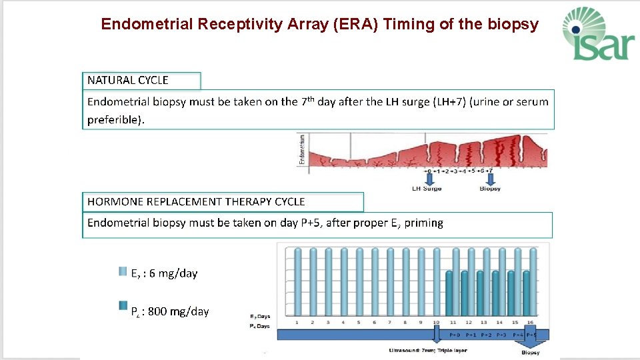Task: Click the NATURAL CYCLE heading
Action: [x=128, y=80]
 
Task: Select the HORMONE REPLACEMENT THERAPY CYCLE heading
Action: [x=196, y=201]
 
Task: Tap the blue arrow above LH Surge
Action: [x=429, y=179]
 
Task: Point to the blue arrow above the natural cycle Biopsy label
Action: [x=490, y=179]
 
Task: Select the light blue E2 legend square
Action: [x=123, y=272]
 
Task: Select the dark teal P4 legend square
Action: [x=123, y=305]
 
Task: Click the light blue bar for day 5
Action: [x=359, y=280]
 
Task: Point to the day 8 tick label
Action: [x=406, y=322]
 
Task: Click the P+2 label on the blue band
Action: [x=487, y=335]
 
